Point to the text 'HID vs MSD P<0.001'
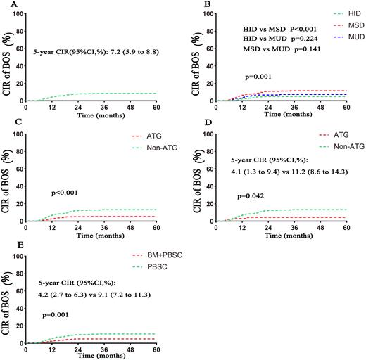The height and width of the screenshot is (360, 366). coord(273,30)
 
